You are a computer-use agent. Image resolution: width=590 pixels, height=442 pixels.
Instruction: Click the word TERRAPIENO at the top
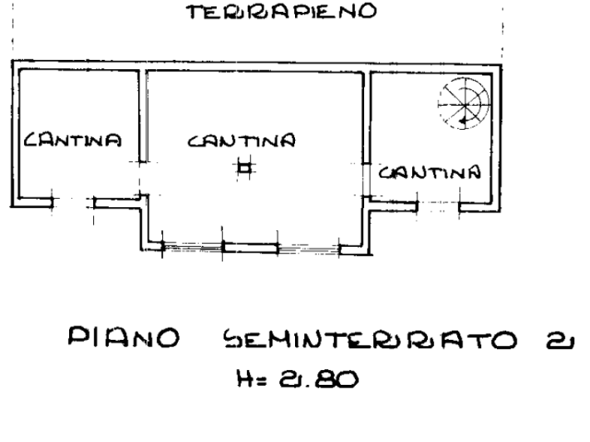pos(282,11)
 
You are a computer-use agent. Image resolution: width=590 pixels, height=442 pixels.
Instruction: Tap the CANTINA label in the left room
pos(73,140)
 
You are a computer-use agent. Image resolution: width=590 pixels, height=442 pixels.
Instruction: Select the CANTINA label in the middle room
pos(242,141)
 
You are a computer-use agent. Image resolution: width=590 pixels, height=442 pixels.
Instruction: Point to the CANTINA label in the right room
pos(430,172)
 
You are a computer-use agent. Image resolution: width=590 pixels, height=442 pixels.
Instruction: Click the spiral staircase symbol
pos(465,103)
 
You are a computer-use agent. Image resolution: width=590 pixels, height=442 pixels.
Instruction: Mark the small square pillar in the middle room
pos(245,168)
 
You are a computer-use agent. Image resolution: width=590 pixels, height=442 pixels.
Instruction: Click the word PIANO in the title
pos(124,337)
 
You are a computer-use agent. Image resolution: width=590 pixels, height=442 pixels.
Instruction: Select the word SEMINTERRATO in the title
pos(371,339)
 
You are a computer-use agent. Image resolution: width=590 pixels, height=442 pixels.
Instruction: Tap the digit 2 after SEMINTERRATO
pos(560,341)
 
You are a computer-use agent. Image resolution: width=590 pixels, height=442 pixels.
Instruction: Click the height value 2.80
pos(319,378)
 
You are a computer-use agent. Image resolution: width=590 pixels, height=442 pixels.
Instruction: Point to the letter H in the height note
pos(244,378)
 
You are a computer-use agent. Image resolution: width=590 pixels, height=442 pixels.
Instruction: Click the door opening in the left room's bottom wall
pos(74,203)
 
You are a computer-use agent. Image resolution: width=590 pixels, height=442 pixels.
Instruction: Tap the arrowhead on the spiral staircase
pos(462,121)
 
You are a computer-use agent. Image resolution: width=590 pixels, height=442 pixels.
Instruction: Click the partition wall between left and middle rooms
pos(143,116)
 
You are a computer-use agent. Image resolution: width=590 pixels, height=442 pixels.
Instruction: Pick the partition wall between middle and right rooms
pos(367,119)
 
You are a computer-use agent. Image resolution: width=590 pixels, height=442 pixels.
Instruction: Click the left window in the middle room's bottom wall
pos(193,247)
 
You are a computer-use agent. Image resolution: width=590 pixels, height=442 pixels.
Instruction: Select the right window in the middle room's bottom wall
pos(309,249)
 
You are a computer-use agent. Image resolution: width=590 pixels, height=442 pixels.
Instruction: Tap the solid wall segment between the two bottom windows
pos(250,248)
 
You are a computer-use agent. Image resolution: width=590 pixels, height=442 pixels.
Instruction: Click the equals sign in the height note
pos(262,380)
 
